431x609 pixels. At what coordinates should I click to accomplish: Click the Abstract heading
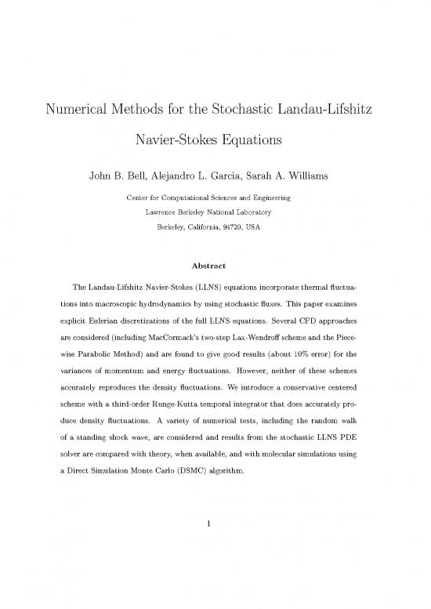click(x=215, y=265)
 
